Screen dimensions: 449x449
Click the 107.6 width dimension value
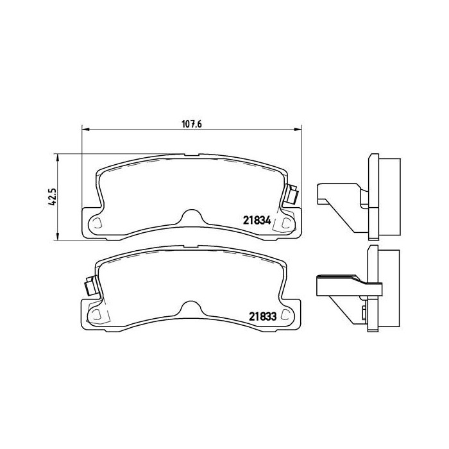[x=192, y=124]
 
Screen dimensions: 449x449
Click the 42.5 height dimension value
[x=53, y=197]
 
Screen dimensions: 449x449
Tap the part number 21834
[x=257, y=220]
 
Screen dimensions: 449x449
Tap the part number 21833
[x=262, y=316]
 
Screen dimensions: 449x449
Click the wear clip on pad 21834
[x=291, y=195]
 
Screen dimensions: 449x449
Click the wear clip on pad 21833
[x=91, y=285]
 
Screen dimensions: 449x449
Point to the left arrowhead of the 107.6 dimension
[x=86, y=130]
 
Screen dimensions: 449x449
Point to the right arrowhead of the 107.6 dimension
[x=298, y=130]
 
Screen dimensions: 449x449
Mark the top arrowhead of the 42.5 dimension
[x=58, y=158]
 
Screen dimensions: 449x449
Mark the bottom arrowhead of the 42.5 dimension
[x=58, y=236]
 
